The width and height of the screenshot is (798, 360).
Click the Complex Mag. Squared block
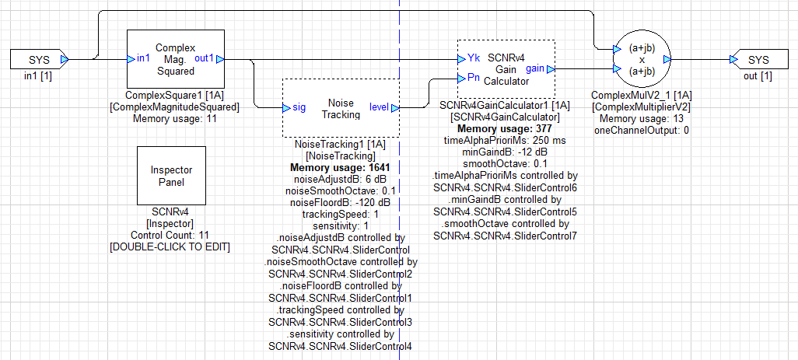[175, 59]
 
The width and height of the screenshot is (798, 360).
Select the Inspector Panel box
[172, 176]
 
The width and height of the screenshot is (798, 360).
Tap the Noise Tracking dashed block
[341, 108]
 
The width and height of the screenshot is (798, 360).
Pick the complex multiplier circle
[642, 59]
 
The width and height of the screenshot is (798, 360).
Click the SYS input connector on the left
[38, 59]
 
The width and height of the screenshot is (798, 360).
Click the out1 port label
[205, 59]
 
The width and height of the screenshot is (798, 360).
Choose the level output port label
[380, 108]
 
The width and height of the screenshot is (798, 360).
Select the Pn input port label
[473, 78]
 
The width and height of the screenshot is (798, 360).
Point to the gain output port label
[535, 68]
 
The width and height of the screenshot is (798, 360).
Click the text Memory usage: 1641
[340, 167]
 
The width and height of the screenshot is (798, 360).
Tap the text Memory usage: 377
[506, 129]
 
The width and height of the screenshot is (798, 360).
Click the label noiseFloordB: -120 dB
[340, 202]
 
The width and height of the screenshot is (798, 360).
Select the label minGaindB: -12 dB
[506, 152]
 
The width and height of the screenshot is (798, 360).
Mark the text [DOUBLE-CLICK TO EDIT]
[172, 246]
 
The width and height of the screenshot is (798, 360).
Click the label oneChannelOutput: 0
[641, 130]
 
